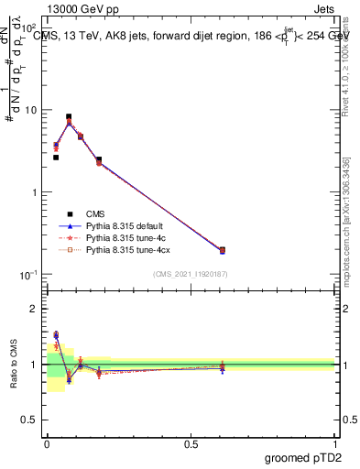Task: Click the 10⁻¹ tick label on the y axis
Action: pyautogui.click(x=30, y=276)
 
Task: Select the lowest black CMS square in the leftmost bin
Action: pyautogui.click(x=56, y=158)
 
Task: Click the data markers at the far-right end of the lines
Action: pyautogui.click(x=221, y=250)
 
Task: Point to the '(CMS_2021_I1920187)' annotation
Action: pyautogui.click(x=190, y=275)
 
